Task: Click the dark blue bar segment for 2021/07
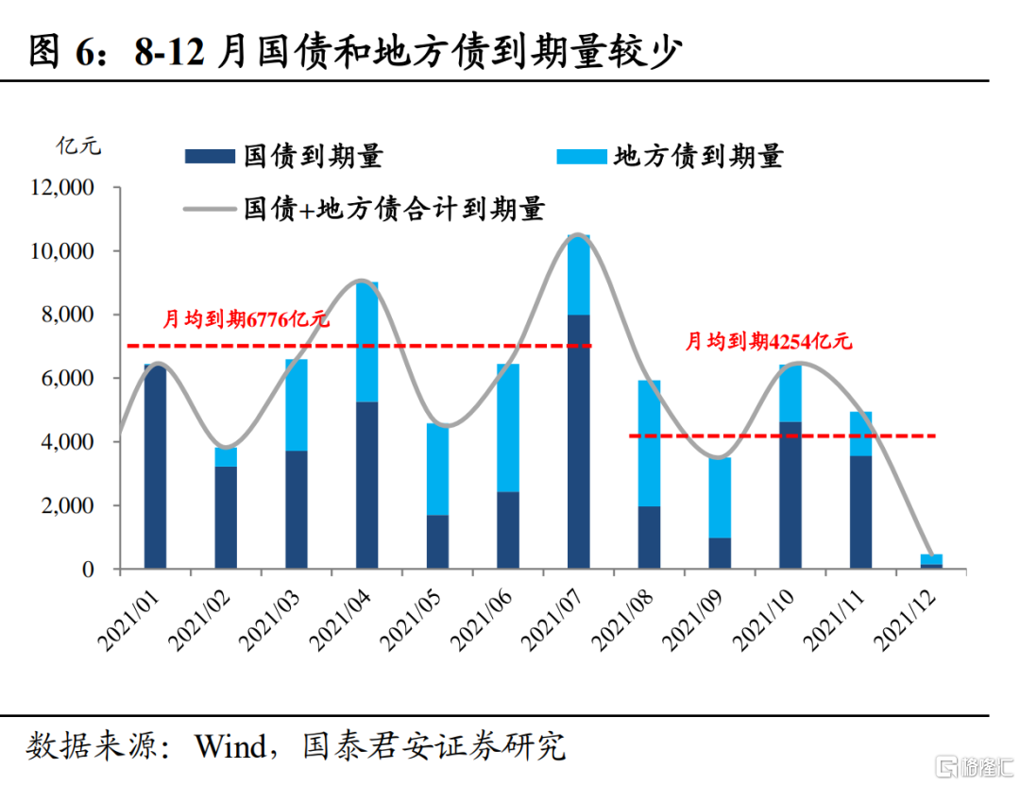point(578,441)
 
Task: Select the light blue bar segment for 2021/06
point(508,427)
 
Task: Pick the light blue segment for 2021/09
point(720,498)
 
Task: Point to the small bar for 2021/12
point(931,561)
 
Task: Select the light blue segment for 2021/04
point(366,341)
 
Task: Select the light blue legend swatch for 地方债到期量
point(580,156)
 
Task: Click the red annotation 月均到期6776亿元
point(246,319)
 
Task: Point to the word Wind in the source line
point(229,747)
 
